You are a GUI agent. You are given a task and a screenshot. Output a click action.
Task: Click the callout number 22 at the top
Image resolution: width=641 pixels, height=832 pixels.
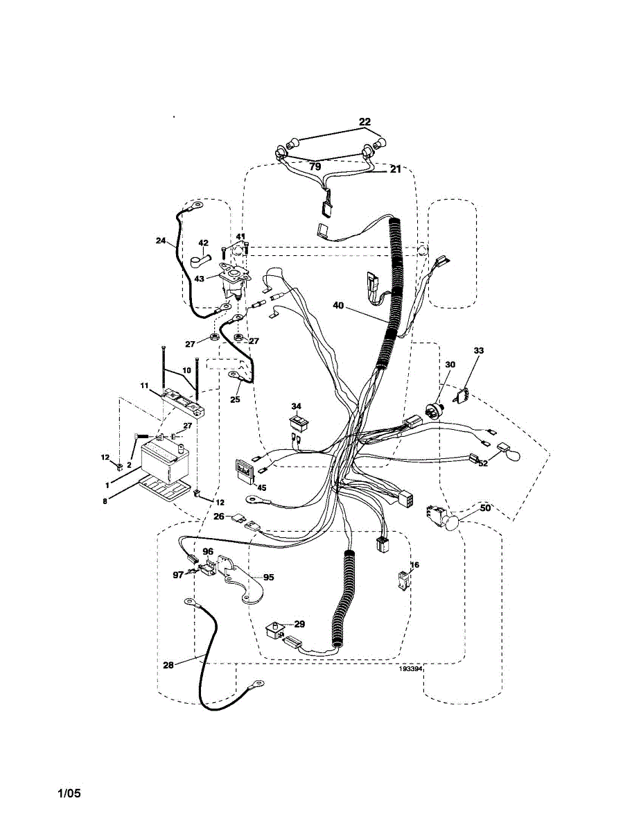365,122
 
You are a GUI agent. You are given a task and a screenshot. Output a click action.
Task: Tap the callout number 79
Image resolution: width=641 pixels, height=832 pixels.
315,167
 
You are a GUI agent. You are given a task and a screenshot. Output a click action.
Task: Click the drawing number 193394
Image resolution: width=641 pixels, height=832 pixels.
410,670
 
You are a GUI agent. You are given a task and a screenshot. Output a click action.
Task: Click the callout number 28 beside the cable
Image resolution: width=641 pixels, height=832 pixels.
168,665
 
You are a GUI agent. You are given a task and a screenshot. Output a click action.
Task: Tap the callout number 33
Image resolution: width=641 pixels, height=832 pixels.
479,351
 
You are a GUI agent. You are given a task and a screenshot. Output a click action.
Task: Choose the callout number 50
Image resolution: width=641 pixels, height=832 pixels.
484,509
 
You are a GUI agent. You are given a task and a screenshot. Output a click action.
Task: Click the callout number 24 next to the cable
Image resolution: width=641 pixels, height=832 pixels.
161,241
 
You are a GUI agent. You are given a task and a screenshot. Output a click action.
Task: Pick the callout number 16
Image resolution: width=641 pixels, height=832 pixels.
415,566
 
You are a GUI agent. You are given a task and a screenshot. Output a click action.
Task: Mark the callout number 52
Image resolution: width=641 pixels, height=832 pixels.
483,463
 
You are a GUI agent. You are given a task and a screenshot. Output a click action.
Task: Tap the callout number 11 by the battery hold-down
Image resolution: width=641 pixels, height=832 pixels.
145,385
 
